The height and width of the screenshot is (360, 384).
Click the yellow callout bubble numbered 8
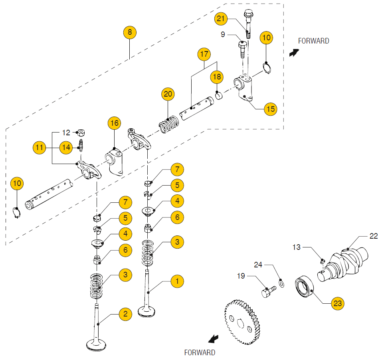click(130, 32)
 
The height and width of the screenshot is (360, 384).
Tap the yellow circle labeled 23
click(337, 304)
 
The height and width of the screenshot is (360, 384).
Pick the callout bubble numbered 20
click(168, 94)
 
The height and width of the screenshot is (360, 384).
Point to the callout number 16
click(114, 123)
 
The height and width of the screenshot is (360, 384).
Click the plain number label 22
click(373, 236)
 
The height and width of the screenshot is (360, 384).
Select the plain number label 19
click(241, 276)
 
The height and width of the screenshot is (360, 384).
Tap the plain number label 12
click(66, 133)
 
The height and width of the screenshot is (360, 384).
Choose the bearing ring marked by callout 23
click(305, 287)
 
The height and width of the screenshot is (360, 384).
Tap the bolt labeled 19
click(267, 291)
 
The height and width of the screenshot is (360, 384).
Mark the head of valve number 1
click(149, 311)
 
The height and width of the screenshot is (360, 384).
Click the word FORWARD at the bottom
click(200, 352)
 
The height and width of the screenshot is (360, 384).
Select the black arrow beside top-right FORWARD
click(294, 53)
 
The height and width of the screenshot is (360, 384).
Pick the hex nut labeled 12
click(81, 132)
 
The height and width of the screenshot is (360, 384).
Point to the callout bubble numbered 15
click(271, 109)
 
